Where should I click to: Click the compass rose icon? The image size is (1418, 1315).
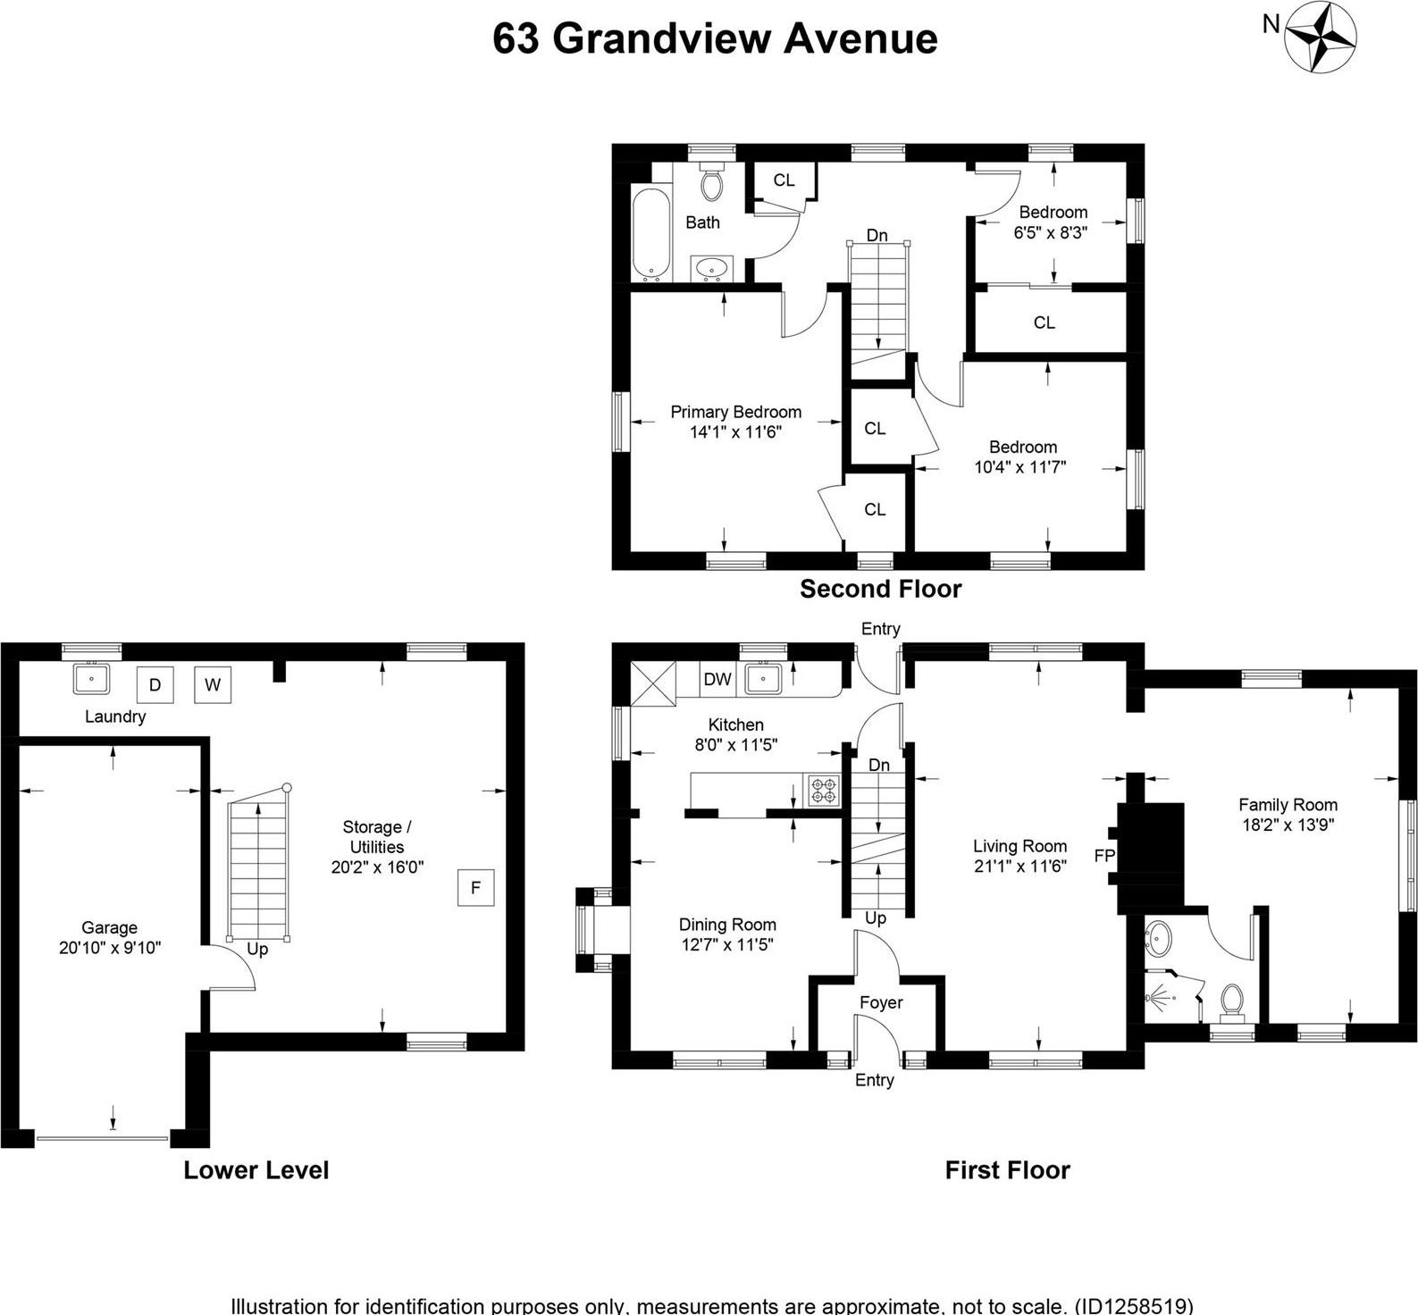tap(1320, 37)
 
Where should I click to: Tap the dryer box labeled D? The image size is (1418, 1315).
tap(155, 685)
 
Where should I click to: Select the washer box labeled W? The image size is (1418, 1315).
tap(213, 685)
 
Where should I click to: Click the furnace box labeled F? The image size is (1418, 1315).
tap(475, 887)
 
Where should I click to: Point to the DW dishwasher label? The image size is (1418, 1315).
tap(717, 679)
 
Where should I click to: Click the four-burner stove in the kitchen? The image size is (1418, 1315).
tap(824, 791)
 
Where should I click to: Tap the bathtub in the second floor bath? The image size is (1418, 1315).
tap(651, 233)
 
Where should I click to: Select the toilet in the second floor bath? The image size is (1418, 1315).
tap(711, 182)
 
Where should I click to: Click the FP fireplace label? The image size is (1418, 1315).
tap(1104, 856)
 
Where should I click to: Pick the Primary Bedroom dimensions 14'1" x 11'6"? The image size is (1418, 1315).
tap(735, 432)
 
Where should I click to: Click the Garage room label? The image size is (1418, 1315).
tap(109, 928)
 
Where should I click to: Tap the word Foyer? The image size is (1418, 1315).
tap(881, 1002)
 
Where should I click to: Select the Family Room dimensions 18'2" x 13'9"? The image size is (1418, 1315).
tap(1288, 825)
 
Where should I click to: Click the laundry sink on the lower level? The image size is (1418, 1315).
tap(91, 678)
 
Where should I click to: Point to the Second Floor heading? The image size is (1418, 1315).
tap(880, 589)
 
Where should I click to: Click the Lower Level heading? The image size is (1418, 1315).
tap(256, 1170)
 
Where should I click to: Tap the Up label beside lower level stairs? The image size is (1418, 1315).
tap(257, 949)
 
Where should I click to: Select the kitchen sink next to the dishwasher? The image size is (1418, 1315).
tap(763, 678)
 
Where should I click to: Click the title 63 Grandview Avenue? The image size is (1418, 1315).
tap(715, 38)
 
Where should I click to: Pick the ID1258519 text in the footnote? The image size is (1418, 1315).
tap(1135, 1305)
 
